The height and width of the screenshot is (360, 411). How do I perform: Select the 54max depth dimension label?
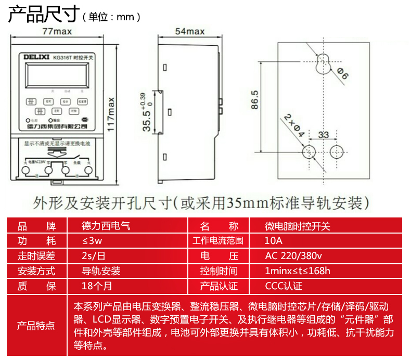pos(189,31)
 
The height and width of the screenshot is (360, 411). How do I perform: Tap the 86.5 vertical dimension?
pos(254,100)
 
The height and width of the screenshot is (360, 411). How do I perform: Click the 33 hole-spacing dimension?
pos(323,135)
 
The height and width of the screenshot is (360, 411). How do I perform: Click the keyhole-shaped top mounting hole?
pos(323,61)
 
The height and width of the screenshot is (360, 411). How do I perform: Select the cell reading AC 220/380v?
pos(293,256)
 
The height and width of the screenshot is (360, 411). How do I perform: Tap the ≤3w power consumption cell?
pos(92,241)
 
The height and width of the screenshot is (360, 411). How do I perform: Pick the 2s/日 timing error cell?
pos(94,256)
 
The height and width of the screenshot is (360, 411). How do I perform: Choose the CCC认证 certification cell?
pos(284,287)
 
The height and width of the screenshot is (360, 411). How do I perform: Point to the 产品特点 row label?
pos(36,325)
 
